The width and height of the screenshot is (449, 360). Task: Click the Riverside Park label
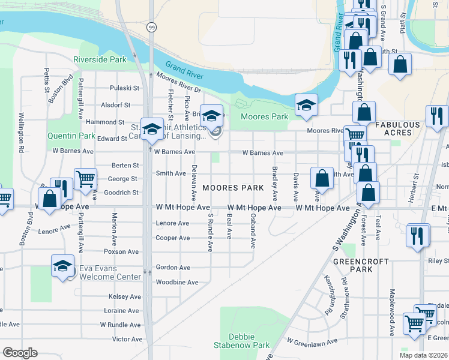click(100, 60)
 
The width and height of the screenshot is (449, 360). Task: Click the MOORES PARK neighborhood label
click(233, 188)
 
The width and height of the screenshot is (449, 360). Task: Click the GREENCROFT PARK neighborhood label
click(354, 265)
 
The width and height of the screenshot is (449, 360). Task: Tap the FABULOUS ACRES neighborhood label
click(397, 129)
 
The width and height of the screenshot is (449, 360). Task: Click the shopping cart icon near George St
click(86, 179)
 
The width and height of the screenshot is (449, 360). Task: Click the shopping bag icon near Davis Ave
click(322, 178)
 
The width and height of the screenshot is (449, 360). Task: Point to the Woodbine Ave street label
click(176, 282)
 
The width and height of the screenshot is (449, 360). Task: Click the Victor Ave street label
click(127, 339)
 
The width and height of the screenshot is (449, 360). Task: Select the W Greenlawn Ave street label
click(312, 341)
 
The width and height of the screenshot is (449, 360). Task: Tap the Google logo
click(20, 353)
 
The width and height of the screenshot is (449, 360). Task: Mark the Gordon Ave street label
click(173, 268)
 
